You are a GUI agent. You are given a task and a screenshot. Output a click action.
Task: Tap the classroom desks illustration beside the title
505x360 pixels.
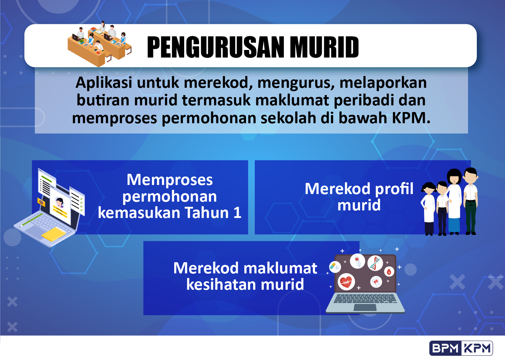[x=99, y=44]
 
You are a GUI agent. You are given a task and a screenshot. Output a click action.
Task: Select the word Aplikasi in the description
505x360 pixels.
[x=104, y=83]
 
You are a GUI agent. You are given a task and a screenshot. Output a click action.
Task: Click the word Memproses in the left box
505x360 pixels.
[x=170, y=180]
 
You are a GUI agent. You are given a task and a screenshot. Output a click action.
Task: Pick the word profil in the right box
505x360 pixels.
[x=394, y=189]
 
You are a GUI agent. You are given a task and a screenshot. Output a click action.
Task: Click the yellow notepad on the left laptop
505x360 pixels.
[x=54, y=234]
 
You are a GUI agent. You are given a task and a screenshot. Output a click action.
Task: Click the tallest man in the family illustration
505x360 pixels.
[x=470, y=200]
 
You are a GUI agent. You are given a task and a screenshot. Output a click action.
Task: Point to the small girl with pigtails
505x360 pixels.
[x=429, y=209]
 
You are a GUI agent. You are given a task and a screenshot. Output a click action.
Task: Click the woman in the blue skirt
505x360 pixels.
[x=454, y=203]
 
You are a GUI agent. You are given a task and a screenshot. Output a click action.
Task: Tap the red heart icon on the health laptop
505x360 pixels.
[x=346, y=282]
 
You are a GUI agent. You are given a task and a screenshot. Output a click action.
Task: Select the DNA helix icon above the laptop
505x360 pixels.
[x=375, y=263]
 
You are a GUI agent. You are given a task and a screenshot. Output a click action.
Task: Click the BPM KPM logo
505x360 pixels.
[x=461, y=348]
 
